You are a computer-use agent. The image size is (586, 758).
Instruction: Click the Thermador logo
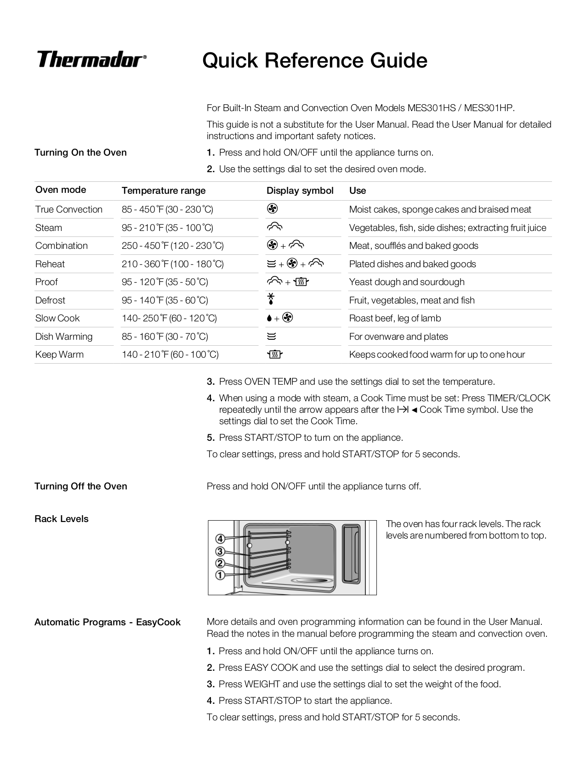(x=91, y=60)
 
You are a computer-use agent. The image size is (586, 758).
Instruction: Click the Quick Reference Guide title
(x=315, y=61)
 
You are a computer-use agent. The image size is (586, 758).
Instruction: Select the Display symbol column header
(x=300, y=191)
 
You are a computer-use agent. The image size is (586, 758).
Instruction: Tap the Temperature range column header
(x=164, y=191)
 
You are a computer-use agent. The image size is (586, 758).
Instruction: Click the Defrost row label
(x=50, y=300)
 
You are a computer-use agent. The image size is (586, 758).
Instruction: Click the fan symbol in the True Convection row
(x=272, y=209)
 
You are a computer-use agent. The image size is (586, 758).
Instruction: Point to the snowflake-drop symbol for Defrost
(x=271, y=300)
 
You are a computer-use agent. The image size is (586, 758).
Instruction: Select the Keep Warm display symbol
(x=274, y=354)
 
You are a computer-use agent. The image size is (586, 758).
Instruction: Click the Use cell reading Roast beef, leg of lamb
(x=395, y=318)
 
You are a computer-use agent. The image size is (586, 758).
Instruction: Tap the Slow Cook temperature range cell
(x=169, y=318)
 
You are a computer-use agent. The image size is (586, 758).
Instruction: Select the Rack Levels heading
(x=61, y=519)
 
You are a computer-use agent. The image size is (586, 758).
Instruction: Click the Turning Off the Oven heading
(x=80, y=486)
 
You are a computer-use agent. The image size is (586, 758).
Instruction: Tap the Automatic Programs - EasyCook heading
(x=107, y=622)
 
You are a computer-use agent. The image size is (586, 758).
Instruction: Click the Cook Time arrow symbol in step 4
(x=403, y=410)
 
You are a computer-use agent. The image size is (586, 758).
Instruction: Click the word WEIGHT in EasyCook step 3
(x=262, y=684)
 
